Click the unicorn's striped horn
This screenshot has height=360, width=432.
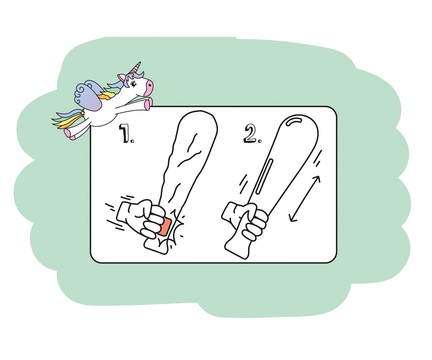coord(137,68)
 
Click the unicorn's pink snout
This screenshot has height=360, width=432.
coord(149,88)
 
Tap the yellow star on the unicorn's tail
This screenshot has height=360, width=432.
coord(83,113)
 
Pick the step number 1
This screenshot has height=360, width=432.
coord(125,133)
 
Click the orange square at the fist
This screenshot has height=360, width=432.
coord(165,227)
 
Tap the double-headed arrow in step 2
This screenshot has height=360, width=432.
coord(305,199)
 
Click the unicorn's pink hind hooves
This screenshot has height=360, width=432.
coord(69,134)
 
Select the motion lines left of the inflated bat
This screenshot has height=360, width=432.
coord(243,184)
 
